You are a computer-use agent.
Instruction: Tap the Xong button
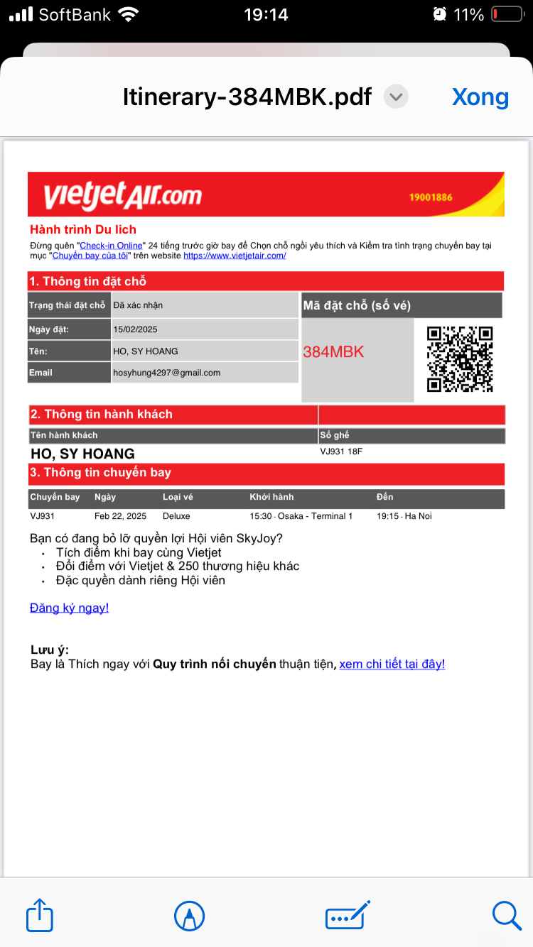tap(480, 97)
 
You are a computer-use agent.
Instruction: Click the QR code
tap(460, 358)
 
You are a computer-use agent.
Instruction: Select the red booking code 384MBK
tap(333, 352)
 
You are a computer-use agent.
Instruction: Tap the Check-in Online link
tap(111, 246)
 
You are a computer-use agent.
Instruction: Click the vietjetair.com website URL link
tap(235, 256)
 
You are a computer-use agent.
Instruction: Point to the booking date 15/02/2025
tap(135, 329)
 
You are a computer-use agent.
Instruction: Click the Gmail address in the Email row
tap(167, 373)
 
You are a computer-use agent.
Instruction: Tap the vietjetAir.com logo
tap(122, 195)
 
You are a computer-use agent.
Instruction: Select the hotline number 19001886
tap(431, 197)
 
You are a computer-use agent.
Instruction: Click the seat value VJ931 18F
tap(341, 451)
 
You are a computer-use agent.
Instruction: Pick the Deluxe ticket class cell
tap(176, 516)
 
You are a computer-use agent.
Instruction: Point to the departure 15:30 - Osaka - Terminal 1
tap(301, 516)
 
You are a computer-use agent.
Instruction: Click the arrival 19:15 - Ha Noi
tap(404, 516)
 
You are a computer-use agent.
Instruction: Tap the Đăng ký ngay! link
tap(69, 608)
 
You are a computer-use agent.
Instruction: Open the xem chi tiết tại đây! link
tap(392, 664)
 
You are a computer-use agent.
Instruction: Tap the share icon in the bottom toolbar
tap(40, 915)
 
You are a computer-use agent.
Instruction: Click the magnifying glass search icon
tap(507, 915)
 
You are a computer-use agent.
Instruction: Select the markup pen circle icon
tap(189, 916)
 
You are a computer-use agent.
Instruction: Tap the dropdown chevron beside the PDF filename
tap(396, 97)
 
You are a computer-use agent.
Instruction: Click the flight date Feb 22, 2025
tap(120, 516)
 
